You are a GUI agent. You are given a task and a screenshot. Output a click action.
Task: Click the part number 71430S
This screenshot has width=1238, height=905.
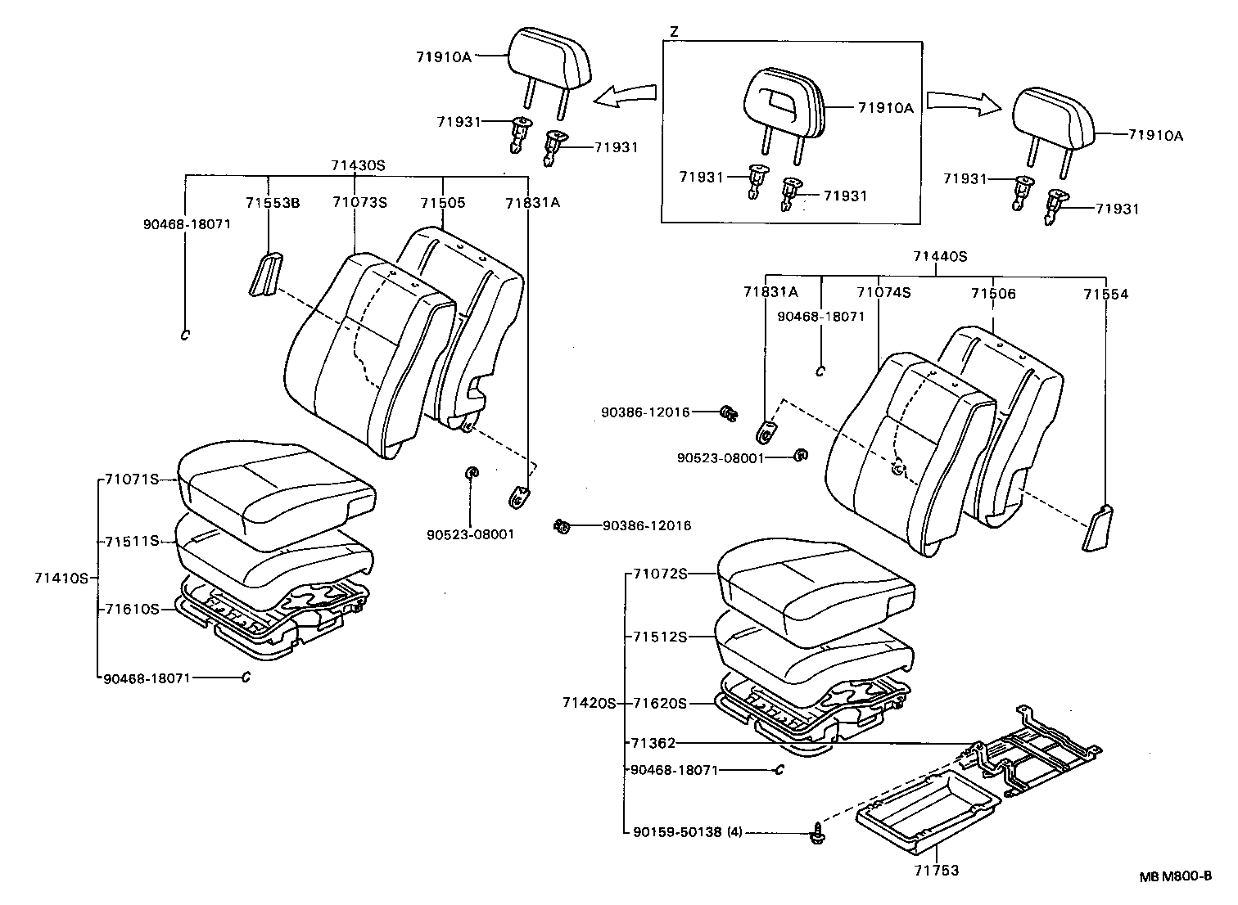pos(358,164)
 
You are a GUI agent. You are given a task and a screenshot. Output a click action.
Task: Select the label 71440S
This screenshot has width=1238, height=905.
pos(940,256)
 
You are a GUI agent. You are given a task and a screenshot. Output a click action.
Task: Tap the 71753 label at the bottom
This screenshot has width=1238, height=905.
pos(937,871)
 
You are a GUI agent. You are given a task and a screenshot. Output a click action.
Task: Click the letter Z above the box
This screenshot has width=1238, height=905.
pos(674,32)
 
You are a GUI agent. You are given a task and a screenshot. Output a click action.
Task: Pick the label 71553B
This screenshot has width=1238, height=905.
pos(273,202)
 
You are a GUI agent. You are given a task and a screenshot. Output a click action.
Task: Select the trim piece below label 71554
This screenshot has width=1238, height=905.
pos(1097,528)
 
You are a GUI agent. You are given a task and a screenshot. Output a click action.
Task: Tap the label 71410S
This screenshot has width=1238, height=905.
pos(61,578)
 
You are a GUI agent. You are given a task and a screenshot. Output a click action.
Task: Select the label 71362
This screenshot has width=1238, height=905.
pos(653,743)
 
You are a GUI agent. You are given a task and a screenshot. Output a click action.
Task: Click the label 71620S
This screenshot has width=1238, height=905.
pos(660,703)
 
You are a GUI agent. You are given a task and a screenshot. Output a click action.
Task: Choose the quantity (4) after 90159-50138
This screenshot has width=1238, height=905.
pos(734,832)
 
